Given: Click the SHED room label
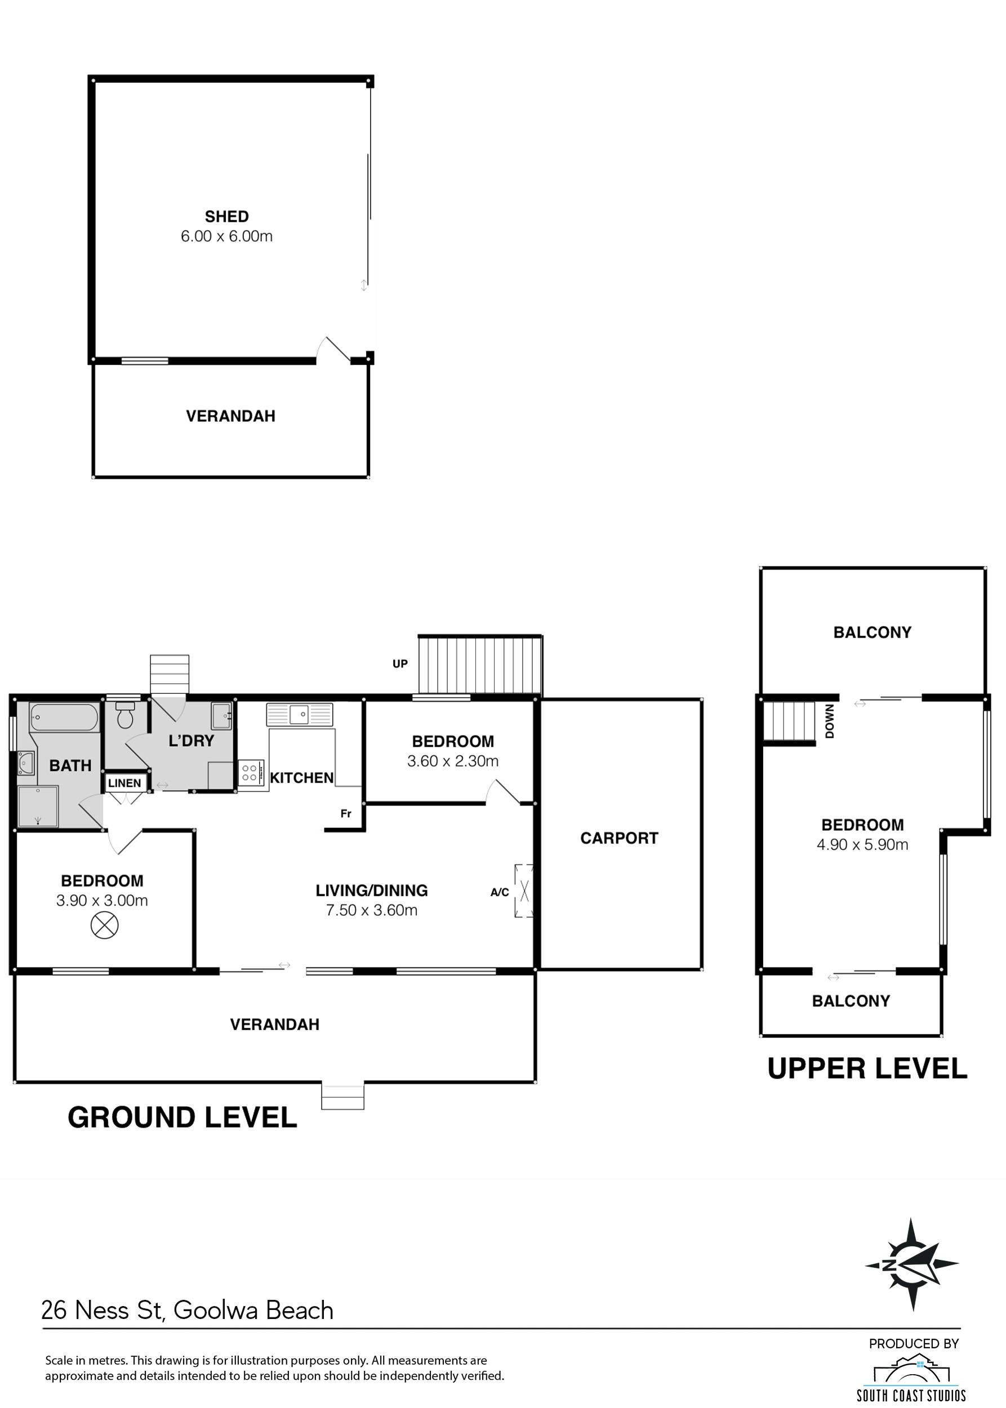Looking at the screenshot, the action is pos(227,217).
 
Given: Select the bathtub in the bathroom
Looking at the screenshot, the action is pos(64,719).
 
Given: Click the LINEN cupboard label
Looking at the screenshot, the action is pos(124,783).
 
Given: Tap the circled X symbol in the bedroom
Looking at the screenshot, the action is pos(104,926).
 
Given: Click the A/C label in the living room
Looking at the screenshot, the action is pos(500,892).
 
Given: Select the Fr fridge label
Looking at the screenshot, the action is pos(346,813).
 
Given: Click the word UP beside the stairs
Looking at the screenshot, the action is pos(400,663).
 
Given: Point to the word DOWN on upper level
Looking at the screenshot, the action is pos(830,721).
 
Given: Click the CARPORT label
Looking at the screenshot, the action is pos(619,838).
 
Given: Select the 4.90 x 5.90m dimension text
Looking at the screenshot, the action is pos(862,844).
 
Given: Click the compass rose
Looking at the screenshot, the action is pos(912,1265).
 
